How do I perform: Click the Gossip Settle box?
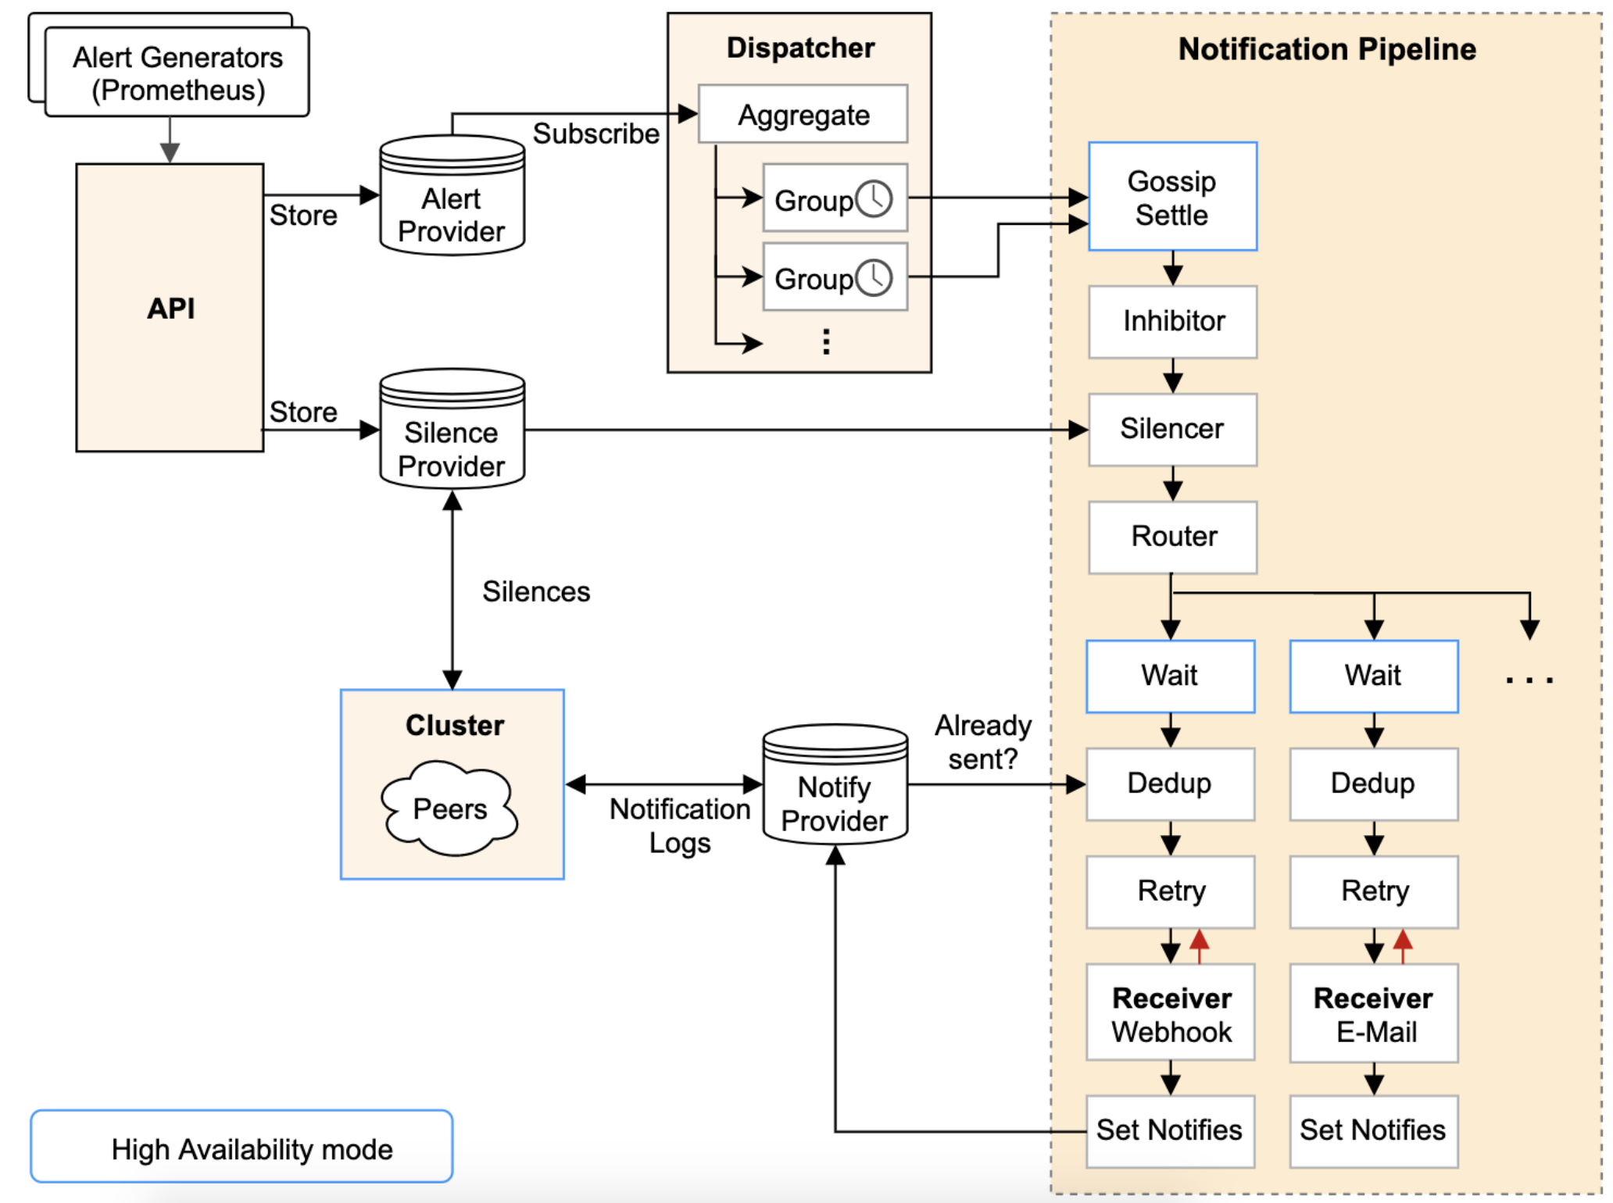click(1172, 196)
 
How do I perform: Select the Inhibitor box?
click(1172, 321)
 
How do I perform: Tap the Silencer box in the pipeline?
click(1172, 429)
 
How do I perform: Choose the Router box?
click(1172, 537)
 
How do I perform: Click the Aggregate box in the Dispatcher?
click(803, 114)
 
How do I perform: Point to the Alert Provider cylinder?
click(452, 195)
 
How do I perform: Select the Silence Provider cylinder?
click(452, 429)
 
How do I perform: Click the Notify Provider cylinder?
click(835, 784)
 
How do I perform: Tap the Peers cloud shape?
click(449, 809)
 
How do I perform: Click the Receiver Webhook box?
click(1171, 1012)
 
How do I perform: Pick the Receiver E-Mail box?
click(1374, 1012)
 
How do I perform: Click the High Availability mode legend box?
click(241, 1146)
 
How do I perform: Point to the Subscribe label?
click(595, 134)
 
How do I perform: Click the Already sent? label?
click(983, 742)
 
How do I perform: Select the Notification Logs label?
click(680, 826)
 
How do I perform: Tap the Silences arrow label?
click(536, 591)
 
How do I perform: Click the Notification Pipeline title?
click(1327, 49)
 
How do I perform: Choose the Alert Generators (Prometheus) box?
click(177, 73)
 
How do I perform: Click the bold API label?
click(171, 309)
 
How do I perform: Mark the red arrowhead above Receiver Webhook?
click(1199, 939)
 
